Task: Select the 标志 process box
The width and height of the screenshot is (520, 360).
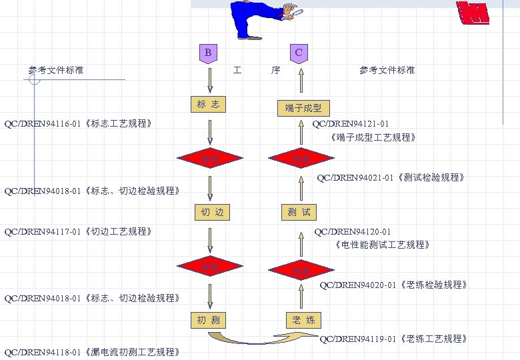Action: [208, 105]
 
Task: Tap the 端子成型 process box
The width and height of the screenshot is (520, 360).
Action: [303, 108]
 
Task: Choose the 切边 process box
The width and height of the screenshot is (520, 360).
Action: [211, 213]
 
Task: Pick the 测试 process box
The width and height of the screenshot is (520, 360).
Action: [299, 213]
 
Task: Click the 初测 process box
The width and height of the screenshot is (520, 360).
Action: [209, 320]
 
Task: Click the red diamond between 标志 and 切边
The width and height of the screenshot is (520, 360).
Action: [210, 158]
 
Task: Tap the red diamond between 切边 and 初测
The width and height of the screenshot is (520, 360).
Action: [210, 266]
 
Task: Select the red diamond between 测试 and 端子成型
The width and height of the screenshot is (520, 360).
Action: [301, 158]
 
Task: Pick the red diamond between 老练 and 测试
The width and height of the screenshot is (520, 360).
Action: [301, 270]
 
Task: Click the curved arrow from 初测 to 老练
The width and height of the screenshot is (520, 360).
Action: [263, 339]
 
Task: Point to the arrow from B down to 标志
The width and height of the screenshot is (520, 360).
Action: [210, 80]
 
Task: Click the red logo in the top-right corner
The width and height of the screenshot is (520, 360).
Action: [473, 13]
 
